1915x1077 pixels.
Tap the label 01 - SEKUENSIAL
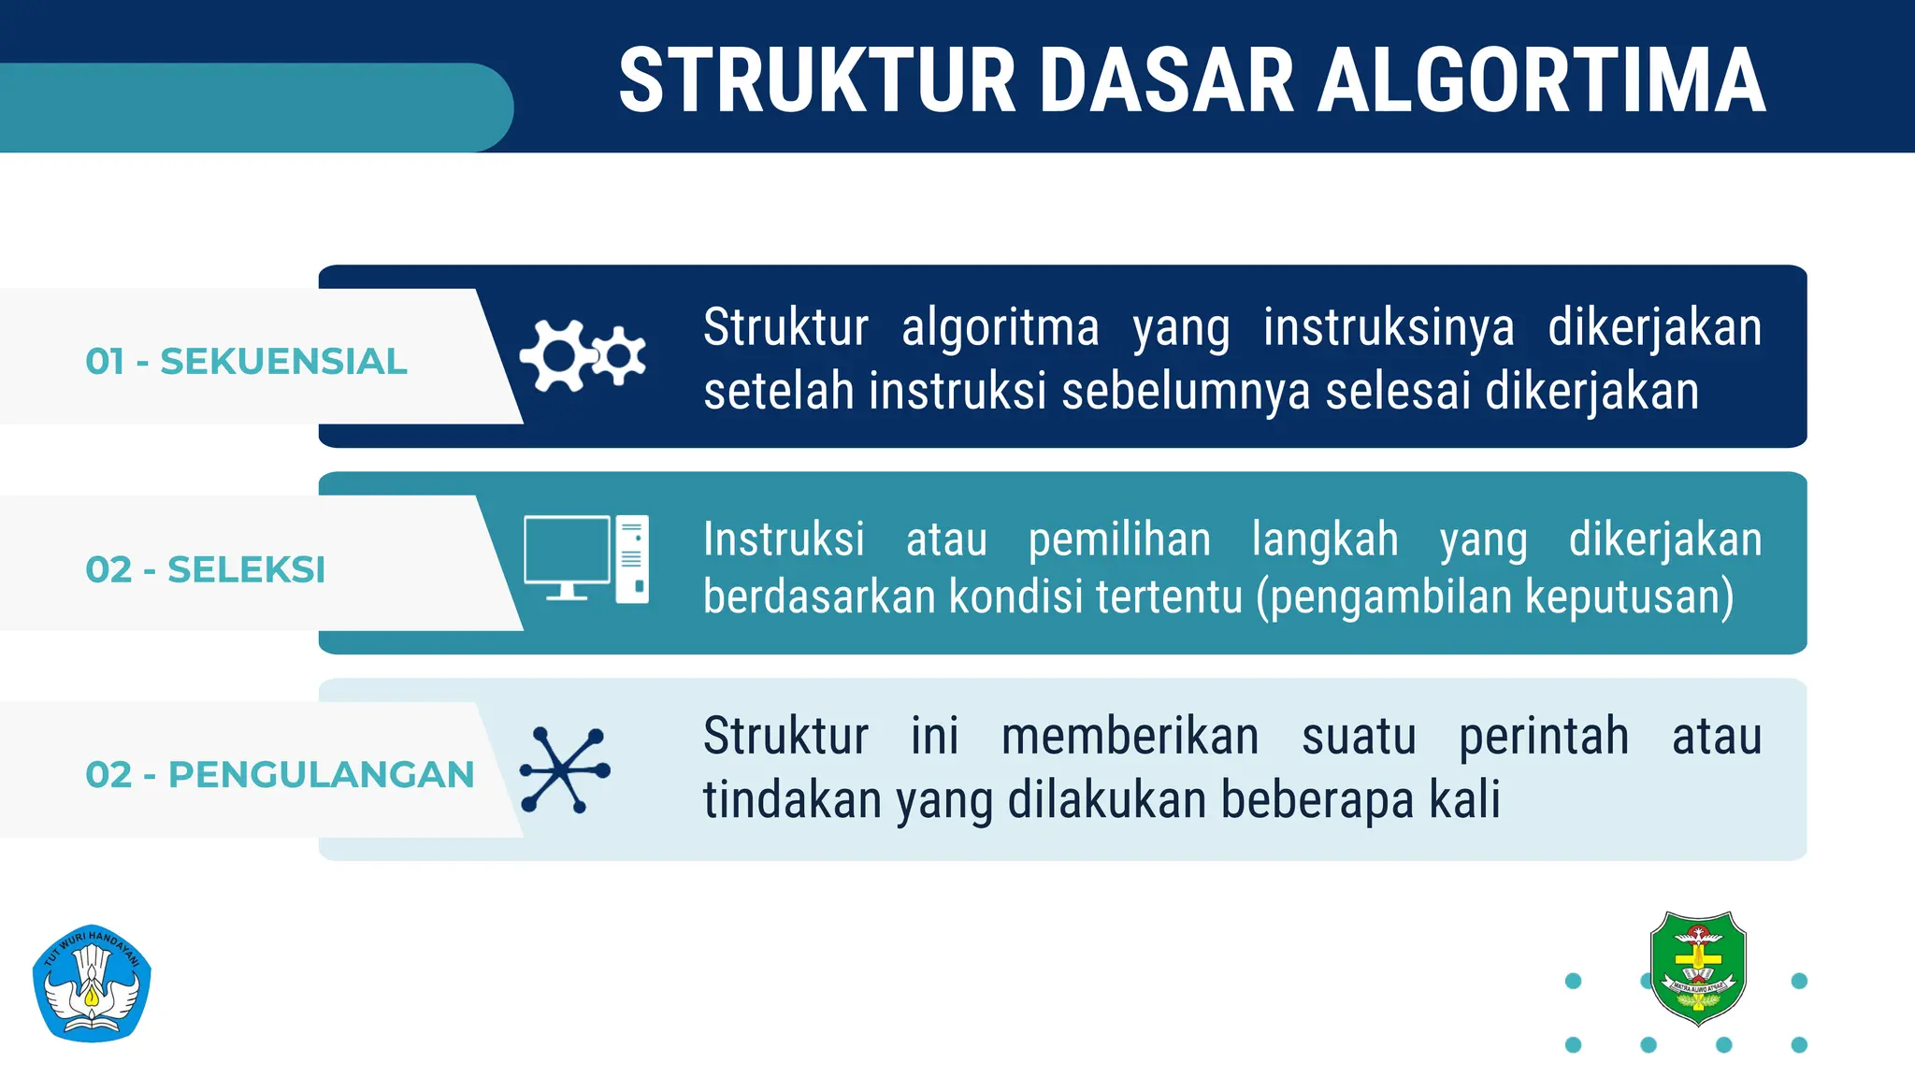(x=246, y=362)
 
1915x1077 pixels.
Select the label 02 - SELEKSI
(x=205, y=569)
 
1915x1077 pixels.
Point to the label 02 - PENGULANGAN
(x=280, y=775)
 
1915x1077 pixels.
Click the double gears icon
(x=583, y=355)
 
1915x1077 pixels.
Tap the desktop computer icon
(x=586, y=559)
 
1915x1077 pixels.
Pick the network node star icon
(x=566, y=770)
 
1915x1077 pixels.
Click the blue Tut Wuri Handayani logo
(x=92, y=984)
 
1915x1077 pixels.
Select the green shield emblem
(x=1697, y=968)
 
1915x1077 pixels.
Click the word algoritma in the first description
(x=1001, y=328)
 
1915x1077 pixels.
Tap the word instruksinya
(x=1389, y=328)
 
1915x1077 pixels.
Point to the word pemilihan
(x=1119, y=540)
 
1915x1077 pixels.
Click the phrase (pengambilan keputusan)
(x=1495, y=596)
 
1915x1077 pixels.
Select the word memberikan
(x=1130, y=736)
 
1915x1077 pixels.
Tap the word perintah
(x=1544, y=736)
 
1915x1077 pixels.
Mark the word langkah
(x=1325, y=540)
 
